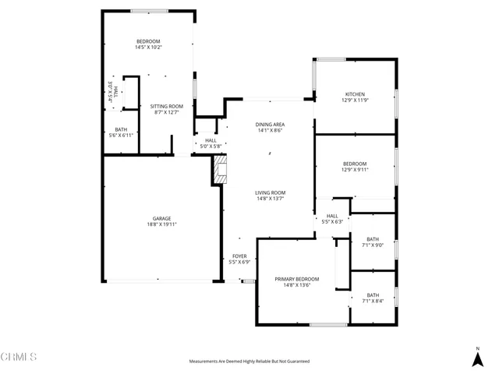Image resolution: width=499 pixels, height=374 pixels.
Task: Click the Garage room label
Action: (161, 218)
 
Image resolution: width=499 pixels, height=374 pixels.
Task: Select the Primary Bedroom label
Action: (296, 278)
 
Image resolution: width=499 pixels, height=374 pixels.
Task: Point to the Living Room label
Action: (270, 192)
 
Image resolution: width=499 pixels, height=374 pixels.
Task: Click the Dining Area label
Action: (270, 125)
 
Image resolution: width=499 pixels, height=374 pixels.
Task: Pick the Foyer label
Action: (239, 256)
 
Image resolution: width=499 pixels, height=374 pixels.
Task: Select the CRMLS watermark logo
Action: (19, 358)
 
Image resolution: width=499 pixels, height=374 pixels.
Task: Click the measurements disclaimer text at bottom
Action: (249, 362)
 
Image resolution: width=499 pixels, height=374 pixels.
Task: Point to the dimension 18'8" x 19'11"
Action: (161, 224)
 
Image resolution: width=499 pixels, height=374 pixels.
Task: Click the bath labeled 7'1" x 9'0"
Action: (373, 242)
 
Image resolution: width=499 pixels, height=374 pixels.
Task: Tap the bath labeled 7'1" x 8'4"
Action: (373, 298)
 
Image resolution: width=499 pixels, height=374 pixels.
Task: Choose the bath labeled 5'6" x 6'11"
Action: (121, 132)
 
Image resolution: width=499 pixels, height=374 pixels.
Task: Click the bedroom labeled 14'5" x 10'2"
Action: (148, 44)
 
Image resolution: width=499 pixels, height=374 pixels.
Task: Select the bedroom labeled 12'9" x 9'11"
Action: (354, 167)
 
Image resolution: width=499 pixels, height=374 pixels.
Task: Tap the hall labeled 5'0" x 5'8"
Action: (211, 143)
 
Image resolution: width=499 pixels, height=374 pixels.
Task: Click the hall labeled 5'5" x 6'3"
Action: (332, 219)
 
